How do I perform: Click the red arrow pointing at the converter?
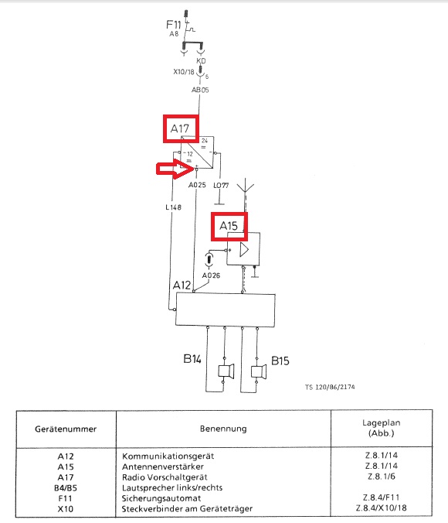coord(175,169)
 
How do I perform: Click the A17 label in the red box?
coord(179,128)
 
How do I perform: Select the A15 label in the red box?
coord(229,226)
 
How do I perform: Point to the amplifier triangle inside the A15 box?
coord(244,250)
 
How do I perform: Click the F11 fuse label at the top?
coord(174,24)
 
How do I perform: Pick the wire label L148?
coord(173,207)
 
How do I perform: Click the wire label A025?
coord(197,185)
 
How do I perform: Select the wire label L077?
coord(221,185)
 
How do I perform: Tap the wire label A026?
coord(211,275)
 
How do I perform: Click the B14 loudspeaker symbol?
coord(226,371)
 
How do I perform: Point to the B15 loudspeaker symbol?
coord(259,371)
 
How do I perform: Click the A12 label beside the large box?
coord(182,285)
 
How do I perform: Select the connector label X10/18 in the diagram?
coord(184,72)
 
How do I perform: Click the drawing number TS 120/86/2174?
coord(330,387)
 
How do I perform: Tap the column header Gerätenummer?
coord(66,429)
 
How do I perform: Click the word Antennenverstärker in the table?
coord(162,467)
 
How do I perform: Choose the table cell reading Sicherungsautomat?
coord(161,498)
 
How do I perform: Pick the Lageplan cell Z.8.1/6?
coord(382,477)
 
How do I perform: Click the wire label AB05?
coord(200,90)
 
